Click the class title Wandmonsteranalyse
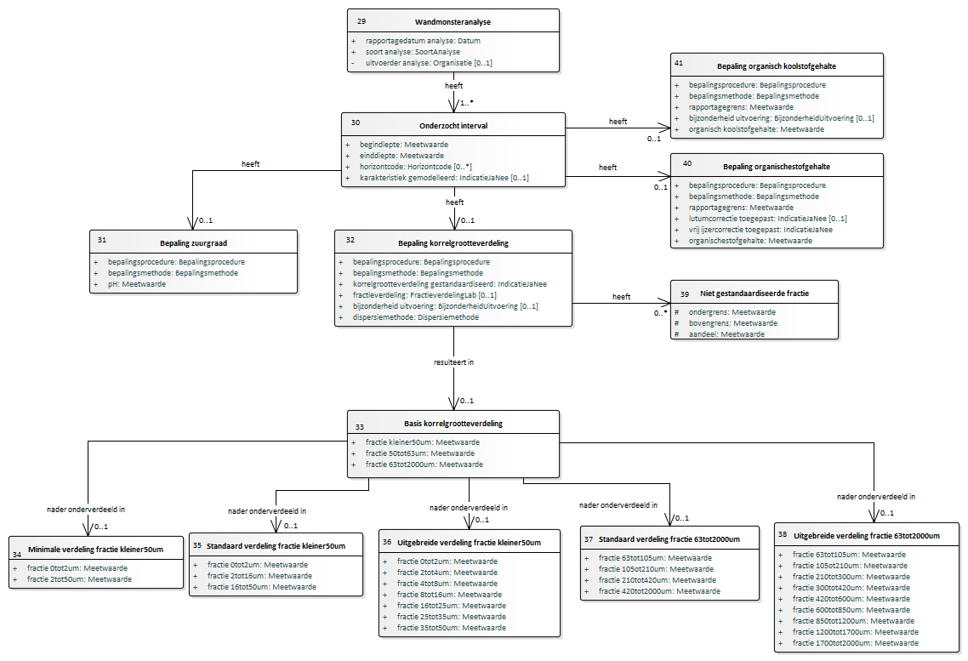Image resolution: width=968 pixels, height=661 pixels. pos(453,21)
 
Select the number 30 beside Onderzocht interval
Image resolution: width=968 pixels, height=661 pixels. pos(356,123)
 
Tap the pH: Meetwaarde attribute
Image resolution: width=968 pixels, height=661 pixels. pos(136,284)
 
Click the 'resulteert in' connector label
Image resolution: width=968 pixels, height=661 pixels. pos(453,362)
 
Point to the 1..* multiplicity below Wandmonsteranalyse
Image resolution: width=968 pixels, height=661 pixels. pos(467,102)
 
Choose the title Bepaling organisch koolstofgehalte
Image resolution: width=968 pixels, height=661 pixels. pos(777,66)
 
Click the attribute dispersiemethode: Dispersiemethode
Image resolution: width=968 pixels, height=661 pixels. pos(415,317)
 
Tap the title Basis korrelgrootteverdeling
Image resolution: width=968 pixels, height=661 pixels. pos(453,424)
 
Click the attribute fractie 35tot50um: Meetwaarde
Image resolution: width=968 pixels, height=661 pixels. pos(452,628)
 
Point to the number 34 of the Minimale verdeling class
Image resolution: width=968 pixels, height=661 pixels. pos(17,554)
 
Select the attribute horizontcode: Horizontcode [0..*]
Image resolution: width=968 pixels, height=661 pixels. pos(415,167)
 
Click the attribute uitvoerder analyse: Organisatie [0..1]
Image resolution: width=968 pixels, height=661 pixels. pos(429,63)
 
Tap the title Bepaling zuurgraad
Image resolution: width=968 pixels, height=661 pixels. pos(193,243)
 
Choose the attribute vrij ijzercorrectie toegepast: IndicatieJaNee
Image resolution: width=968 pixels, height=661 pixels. pos(760,230)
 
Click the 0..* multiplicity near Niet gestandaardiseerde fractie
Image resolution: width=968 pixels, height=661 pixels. pos(661,313)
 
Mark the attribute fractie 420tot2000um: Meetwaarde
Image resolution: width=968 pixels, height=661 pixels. pos(658,591)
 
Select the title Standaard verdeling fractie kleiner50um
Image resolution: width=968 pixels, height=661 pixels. pos(276,545)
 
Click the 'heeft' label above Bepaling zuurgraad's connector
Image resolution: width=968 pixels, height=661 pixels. pos(251,164)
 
